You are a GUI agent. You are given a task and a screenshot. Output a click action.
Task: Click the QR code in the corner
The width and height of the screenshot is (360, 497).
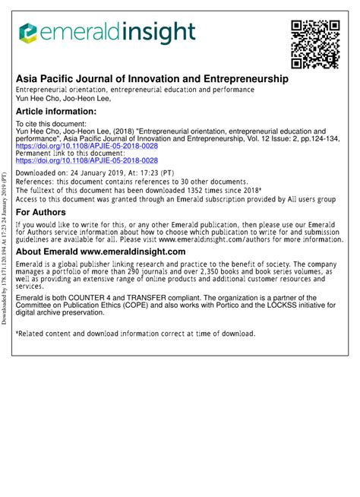click(314, 43)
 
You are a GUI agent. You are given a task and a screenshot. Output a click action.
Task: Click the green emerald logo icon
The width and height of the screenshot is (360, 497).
click(28, 32)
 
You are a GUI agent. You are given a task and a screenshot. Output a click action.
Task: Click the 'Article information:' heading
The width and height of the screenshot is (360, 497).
click(56, 111)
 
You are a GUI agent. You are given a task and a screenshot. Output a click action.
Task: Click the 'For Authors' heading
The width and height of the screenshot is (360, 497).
click(42, 212)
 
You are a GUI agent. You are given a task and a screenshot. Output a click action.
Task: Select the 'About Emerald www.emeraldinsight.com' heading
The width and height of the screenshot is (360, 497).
click(101, 252)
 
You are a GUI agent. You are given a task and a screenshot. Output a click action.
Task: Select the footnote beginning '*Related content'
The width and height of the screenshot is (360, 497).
click(135, 333)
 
